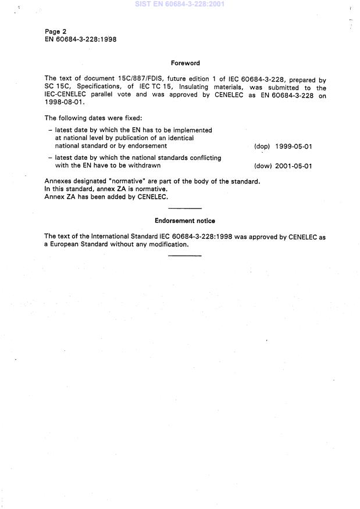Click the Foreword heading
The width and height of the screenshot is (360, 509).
185,63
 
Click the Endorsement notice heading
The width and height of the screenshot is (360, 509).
185,221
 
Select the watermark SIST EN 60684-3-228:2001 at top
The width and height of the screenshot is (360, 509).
179,4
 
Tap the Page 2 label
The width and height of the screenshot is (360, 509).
56,30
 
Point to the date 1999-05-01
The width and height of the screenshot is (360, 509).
293,146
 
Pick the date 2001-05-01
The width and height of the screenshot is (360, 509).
293,166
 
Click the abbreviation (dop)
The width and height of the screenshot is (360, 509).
262,146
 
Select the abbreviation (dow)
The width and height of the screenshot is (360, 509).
263,166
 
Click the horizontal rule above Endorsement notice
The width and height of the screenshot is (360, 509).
184,207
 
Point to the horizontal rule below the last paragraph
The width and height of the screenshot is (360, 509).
184,255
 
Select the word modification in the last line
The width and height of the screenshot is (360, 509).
166,244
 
